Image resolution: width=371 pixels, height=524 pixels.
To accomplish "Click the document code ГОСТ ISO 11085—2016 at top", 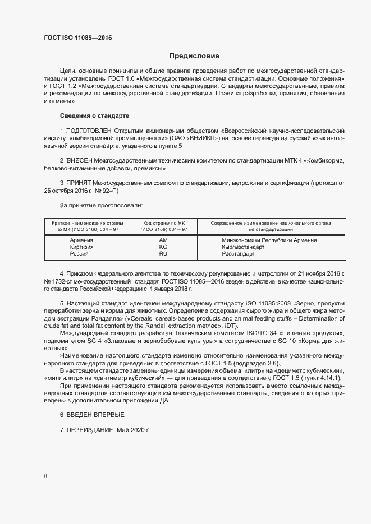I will pos(77,39).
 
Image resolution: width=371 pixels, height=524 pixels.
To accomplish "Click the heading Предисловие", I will pos(194,56).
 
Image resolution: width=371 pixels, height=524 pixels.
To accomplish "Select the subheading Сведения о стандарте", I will pos(94,115).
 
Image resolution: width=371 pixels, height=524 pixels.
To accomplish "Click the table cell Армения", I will pos(81,240).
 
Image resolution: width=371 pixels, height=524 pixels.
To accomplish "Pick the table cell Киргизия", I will pos(81,247).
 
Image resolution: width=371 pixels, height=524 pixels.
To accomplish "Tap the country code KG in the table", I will pos(163,247).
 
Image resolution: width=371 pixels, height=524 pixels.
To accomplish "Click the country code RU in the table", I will pos(163,254).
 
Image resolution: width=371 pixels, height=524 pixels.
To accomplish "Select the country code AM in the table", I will pos(163,240).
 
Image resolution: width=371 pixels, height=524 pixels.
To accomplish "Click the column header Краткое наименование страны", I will pos(87,223).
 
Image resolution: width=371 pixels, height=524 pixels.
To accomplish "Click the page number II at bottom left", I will pos(45,476).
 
